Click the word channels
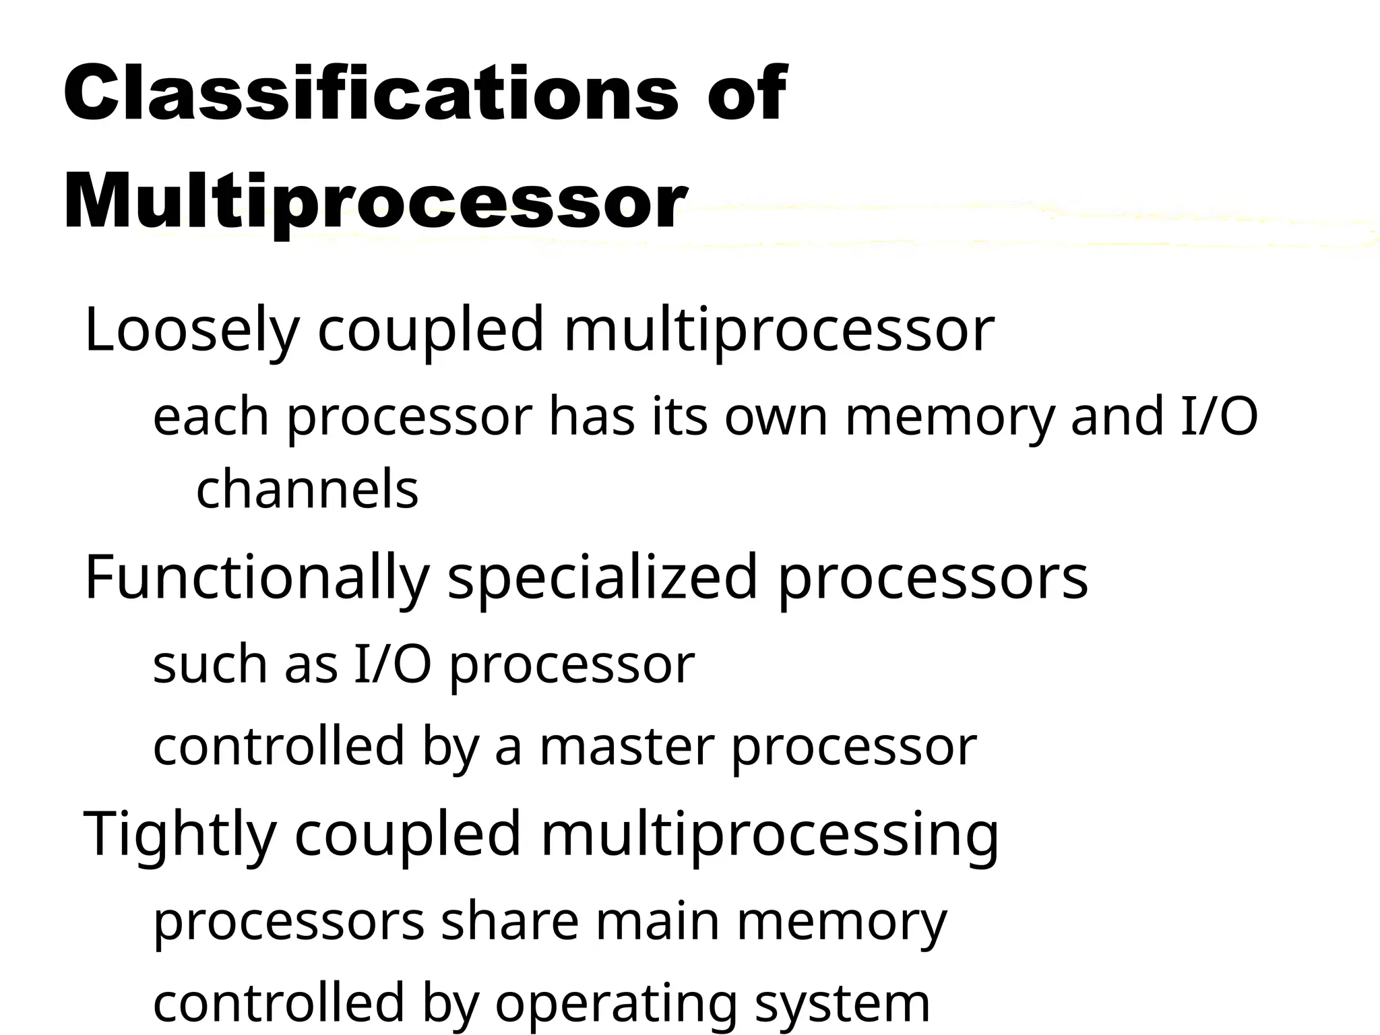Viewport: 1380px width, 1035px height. click(x=307, y=490)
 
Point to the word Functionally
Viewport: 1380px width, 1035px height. click(x=257, y=577)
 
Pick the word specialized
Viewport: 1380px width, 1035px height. click(x=603, y=577)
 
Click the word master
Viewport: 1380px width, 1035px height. click(x=627, y=747)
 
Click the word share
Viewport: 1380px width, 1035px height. click(x=509, y=921)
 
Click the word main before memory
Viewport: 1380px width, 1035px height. click(x=658, y=921)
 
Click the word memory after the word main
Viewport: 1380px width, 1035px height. click(x=842, y=921)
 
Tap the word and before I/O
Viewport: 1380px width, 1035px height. click(x=1115, y=417)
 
